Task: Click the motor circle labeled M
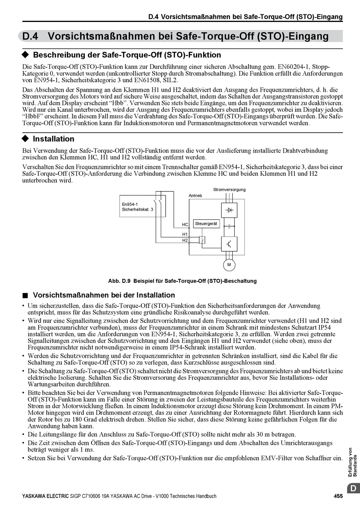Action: pyautogui.click(x=229, y=265)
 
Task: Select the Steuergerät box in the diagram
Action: pyautogui.click(x=206, y=224)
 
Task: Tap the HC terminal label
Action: pyautogui.click(x=185, y=225)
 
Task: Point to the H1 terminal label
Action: pyautogui.click(x=185, y=234)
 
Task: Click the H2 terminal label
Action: pyautogui.click(x=185, y=240)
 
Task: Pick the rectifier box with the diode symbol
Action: pyautogui.click(x=229, y=210)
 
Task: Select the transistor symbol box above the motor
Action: pyautogui.click(x=229, y=244)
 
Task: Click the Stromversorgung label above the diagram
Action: pyautogui.click(x=229, y=190)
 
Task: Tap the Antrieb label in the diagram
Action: pyautogui.click(x=196, y=196)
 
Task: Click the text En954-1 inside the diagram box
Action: pyautogui.click(x=130, y=204)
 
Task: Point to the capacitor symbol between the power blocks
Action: pyautogui.click(x=229, y=226)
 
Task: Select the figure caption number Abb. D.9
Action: pyautogui.click(x=119, y=281)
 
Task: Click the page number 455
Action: pyautogui.click(x=338, y=496)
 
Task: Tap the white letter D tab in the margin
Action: pyautogui.click(x=352, y=489)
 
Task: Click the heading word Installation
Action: pyautogui.click(x=53, y=139)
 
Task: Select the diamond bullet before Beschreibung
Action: pyautogui.click(x=25, y=55)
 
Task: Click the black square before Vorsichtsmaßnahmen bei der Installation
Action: pyautogui.click(x=25, y=295)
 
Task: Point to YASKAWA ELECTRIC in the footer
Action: pyautogui.click(x=45, y=496)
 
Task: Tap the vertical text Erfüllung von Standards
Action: pyautogui.click(x=352, y=462)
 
